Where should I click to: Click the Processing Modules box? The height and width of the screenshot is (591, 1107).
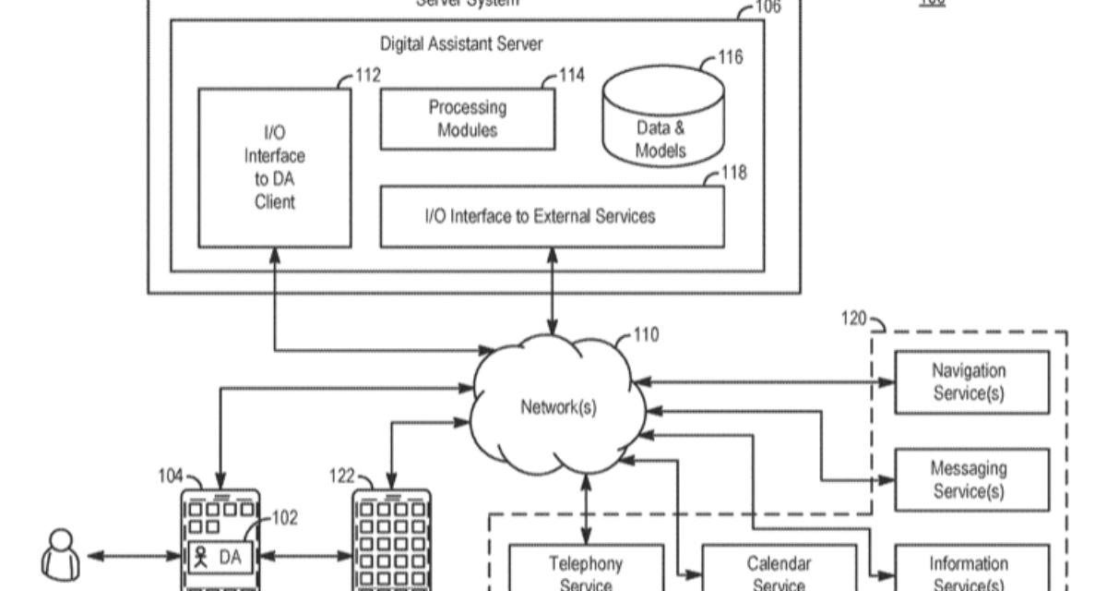(x=468, y=119)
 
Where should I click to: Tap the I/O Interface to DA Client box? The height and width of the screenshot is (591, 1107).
(x=275, y=167)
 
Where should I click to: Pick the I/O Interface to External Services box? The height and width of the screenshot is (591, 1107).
(x=552, y=216)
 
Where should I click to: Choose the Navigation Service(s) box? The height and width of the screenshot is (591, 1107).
(x=969, y=382)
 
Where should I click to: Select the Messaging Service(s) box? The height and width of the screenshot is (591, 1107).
(x=969, y=480)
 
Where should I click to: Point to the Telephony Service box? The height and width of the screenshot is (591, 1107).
(x=587, y=571)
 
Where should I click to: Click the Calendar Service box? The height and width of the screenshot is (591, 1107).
(x=780, y=571)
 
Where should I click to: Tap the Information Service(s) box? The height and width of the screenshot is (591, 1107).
(x=969, y=571)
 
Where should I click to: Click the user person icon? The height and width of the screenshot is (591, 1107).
(x=61, y=554)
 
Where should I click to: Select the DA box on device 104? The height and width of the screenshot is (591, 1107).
(x=220, y=557)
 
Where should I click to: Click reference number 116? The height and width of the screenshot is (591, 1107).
(x=731, y=58)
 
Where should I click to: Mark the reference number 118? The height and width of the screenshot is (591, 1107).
(x=734, y=173)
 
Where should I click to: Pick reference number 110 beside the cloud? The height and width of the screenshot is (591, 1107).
(x=646, y=334)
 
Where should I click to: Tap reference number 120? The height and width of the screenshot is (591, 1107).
(x=853, y=320)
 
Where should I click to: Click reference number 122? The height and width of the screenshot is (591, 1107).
(x=342, y=476)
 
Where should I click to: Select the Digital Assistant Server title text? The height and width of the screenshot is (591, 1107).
(x=461, y=43)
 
